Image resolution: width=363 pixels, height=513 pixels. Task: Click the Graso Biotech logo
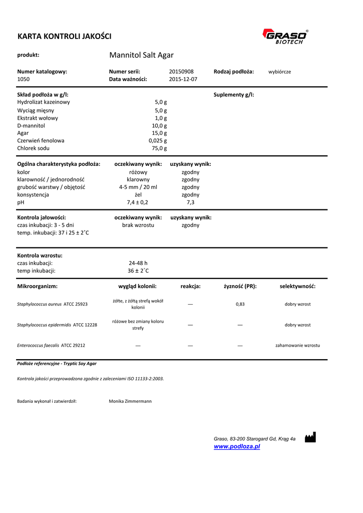pyautogui.click(x=285, y=37)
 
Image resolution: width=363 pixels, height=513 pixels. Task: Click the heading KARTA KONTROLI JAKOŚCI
pyautogui.click(x=64, y=36)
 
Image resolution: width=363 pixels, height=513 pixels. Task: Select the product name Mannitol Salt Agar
pyautogui.click(x=141, y=55)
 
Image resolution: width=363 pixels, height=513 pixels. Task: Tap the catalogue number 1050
pyautogui.click(x=24, y=79)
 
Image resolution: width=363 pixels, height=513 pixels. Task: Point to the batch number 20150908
pyautogui.click(x=181, y=72)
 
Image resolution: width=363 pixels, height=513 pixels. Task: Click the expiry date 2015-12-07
pyautogui.click(x=183, y=79)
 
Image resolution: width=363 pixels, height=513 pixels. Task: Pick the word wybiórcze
pyautogui.click(x=279, y=72)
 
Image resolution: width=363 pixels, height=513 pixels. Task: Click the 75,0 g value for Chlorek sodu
pyautogui.click(x=159, y=148)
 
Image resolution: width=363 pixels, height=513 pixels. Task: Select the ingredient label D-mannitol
pyautogui.click(x=31, y=126)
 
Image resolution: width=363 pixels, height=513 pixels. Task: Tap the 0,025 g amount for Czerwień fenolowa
pyautogui.click(x=157, y=141)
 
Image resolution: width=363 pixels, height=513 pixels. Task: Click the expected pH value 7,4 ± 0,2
pyautogui.click(x=138, y=202)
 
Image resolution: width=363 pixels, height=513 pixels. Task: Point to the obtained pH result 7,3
pyautogui.click(x=190, y=202)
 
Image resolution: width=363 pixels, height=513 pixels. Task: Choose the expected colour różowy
pyautogui.click(x=138, y=172)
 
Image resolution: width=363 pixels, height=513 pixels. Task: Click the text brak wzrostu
pyautogui.click(x=138, y=225)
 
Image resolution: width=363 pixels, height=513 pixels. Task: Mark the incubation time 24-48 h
pyautogui.click(x=138, y=263)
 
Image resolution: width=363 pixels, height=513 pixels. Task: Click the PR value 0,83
pyautogui.click(x=240, y=304)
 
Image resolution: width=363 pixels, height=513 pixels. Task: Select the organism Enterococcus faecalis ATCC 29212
pyautogui.click(x=51, y=345)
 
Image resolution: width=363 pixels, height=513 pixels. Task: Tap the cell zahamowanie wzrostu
pyautogui.click(x=297, y=345)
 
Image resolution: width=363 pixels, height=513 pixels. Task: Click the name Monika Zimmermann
pyautogui.click(x=130, y=401)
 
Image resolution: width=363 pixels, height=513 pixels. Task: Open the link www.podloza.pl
pyautogui.click(x=237, y=446)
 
